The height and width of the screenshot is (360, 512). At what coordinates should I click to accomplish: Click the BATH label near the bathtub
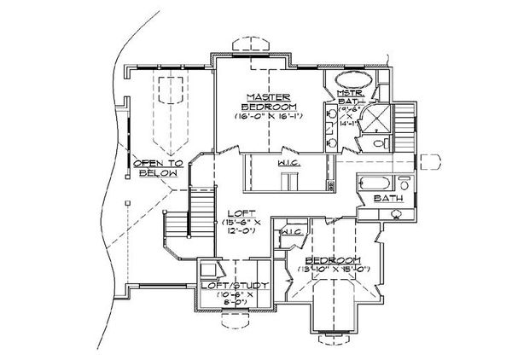387,199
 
